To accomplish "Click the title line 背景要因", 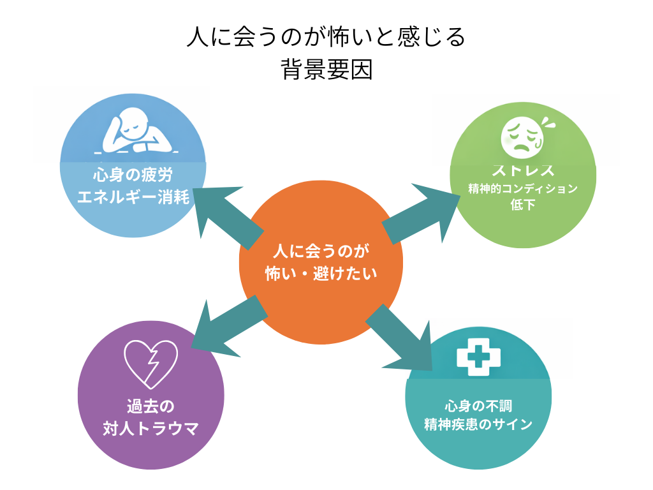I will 326,70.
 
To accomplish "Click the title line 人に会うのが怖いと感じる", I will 326,37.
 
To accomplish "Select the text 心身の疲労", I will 133,174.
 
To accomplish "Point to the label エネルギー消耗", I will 133,197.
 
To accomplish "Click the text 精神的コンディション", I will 522,189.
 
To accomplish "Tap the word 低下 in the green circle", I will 522,205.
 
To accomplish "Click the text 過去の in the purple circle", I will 150,406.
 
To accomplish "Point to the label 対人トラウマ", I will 150,428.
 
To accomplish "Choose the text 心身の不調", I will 478,405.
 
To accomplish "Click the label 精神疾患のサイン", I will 478,424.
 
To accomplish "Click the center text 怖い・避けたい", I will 321,274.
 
